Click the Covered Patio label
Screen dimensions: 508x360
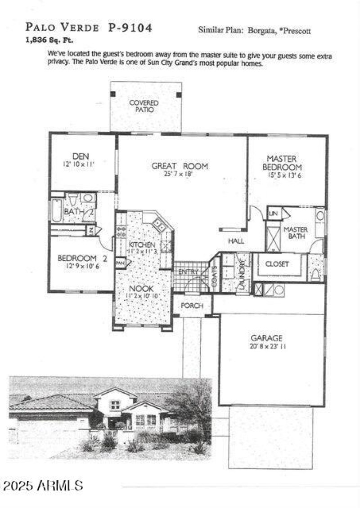[x=144, y=106]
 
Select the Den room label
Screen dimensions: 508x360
[x=81, y=156]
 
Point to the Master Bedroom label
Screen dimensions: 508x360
[x=282, y=162]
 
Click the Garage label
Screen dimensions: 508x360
[x=266, y=338]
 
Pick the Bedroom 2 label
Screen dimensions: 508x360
[x=82, y=258]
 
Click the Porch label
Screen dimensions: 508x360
[x=192, y=306]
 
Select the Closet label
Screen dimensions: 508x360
[x=277, y=264]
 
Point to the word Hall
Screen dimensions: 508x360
[x=236, y=241]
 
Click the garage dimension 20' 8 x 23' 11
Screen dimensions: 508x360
[x=266, y=347]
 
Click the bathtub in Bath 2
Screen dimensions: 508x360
[x=56, y=210]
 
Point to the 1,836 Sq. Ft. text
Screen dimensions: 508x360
[x=49, y=40]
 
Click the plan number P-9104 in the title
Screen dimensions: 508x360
[x=130, y=28]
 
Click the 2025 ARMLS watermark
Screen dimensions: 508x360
[x=43, y=486]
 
